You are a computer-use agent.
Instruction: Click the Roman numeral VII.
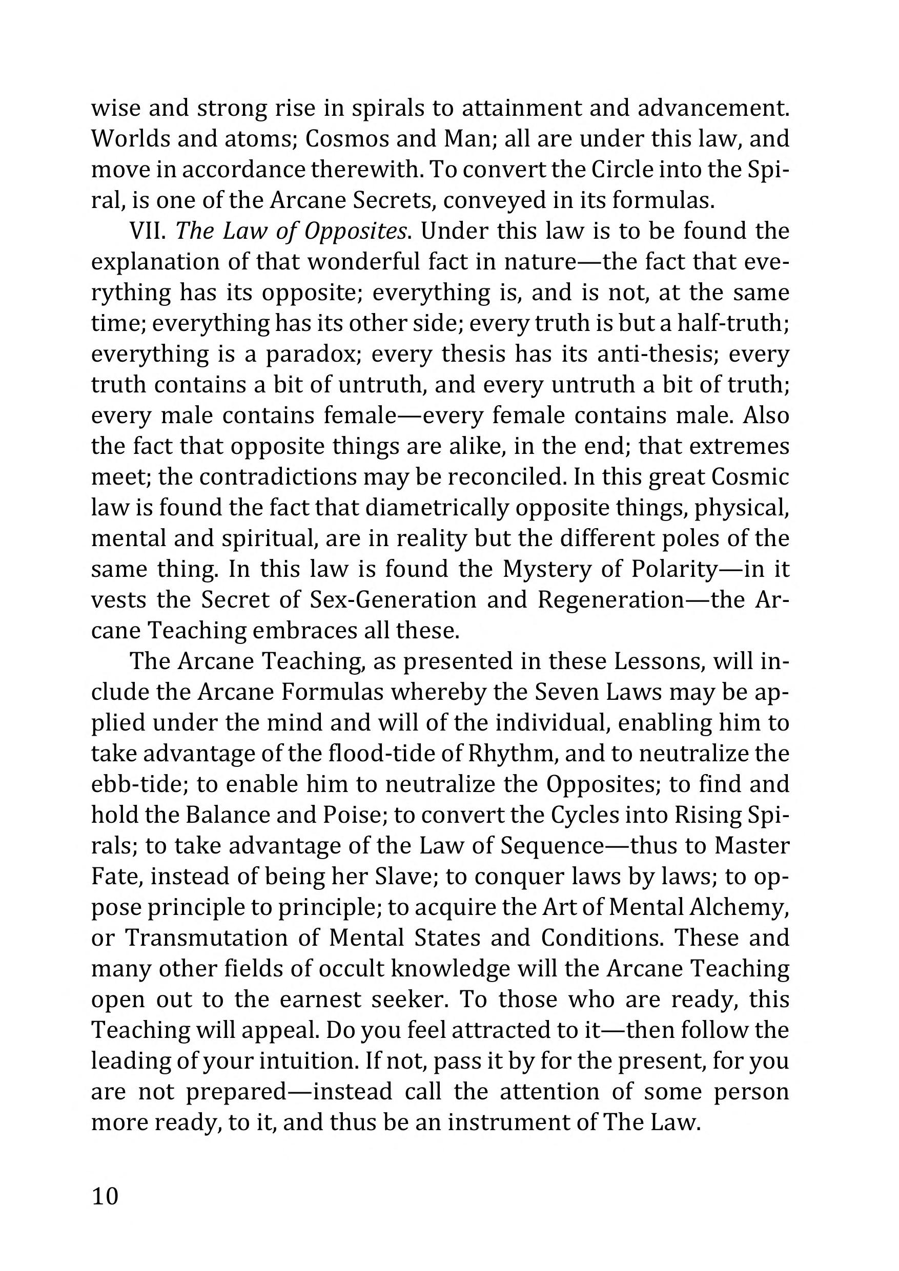click(x=148, y=231)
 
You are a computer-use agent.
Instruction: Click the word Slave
click(x=405, y=877)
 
